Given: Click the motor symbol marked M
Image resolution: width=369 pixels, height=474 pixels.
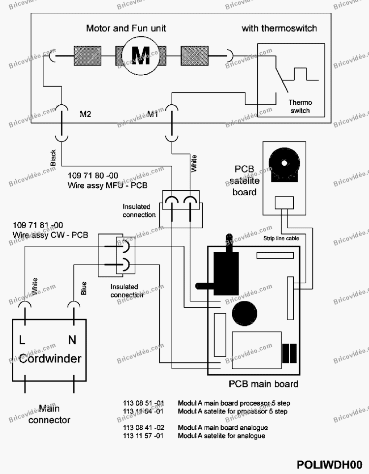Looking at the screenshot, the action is click(x=141, y=56).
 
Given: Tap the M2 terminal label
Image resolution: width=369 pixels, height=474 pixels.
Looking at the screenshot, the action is click(x=85, y=114).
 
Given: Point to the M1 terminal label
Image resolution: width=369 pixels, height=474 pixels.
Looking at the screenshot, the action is click(x=153, y=114).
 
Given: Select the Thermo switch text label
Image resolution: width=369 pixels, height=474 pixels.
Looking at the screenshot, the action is click(x=300, y=106).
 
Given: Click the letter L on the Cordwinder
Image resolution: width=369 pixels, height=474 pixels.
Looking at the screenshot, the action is click(x=22, y=340).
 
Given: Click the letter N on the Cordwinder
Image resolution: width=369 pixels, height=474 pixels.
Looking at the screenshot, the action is click(x=72, y=340).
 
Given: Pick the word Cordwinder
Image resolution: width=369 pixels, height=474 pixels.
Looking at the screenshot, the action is click(x=50, y=358).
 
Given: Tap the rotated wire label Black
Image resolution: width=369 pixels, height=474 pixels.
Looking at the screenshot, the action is click(x=53, y=158).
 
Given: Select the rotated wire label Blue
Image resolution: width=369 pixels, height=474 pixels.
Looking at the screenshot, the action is click(x=84, y=288).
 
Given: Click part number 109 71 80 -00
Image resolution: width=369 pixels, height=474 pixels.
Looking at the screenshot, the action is click(x=93, y=176).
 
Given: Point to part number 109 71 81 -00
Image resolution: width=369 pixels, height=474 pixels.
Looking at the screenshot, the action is click(x=38, y=225).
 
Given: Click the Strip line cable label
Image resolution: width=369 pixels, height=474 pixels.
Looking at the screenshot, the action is click(x=281, y=238).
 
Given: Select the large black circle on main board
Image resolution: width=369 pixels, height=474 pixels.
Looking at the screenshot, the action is click(x=245, y=314).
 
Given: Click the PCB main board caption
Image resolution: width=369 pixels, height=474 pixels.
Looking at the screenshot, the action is click(x=263, y=384).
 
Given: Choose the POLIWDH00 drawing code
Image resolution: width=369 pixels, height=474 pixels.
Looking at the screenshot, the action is click(x=329, y=465).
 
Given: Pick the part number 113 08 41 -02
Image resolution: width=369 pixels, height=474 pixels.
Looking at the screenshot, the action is click(x=143, y=428).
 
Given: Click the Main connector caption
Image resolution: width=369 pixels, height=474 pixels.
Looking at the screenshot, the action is click(x=49, y=414).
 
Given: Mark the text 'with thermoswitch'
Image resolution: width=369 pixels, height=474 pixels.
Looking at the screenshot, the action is click(x=279, y=29).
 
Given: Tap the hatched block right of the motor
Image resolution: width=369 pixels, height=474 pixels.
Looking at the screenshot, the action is click(x=194, y=56).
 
